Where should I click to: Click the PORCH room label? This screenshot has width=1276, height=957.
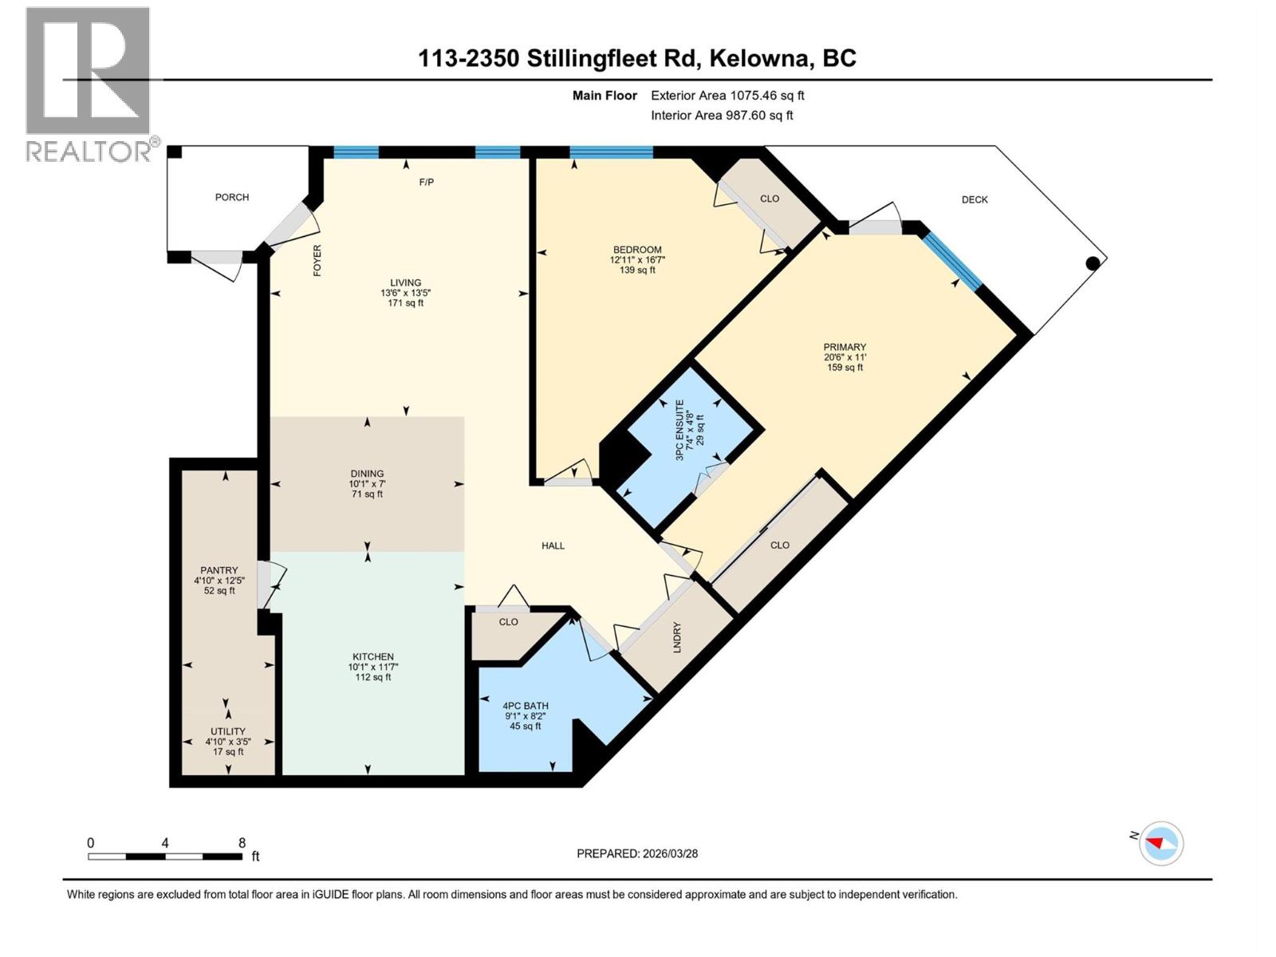click(232, 197)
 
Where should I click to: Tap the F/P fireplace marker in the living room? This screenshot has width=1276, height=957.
click(427, 183)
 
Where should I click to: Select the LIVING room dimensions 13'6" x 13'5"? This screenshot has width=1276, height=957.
click(405, 293)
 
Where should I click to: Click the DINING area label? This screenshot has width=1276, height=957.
click(367, 474)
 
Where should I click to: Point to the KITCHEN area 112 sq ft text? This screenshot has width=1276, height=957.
click(373, 677)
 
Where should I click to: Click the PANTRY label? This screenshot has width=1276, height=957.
click(219, 570)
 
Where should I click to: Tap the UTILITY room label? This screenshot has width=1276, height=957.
click(228, 731)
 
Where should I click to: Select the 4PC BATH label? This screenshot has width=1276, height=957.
click(526, 706)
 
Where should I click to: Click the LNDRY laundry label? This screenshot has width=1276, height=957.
click(677, 637)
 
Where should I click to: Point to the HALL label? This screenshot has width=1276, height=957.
click(553, 546)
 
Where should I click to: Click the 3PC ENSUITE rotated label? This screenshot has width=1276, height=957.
click(680, 431)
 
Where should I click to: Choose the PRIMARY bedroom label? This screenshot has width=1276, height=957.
click(845, 347)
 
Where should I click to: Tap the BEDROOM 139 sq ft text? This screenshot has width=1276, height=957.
click(637, 270)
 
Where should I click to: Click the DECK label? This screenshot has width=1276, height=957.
click(975, 200)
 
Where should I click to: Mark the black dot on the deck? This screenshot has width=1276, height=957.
click(1093, 262)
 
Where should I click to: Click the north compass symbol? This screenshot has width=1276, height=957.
click(1160, 843)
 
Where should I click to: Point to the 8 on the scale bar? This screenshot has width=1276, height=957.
click(242, 843)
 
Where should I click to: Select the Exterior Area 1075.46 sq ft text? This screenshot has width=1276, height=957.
click(727, 96)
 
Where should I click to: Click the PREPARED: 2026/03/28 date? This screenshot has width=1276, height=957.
click(637, 853)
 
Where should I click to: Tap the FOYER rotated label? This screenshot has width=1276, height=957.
click(317, 261)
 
